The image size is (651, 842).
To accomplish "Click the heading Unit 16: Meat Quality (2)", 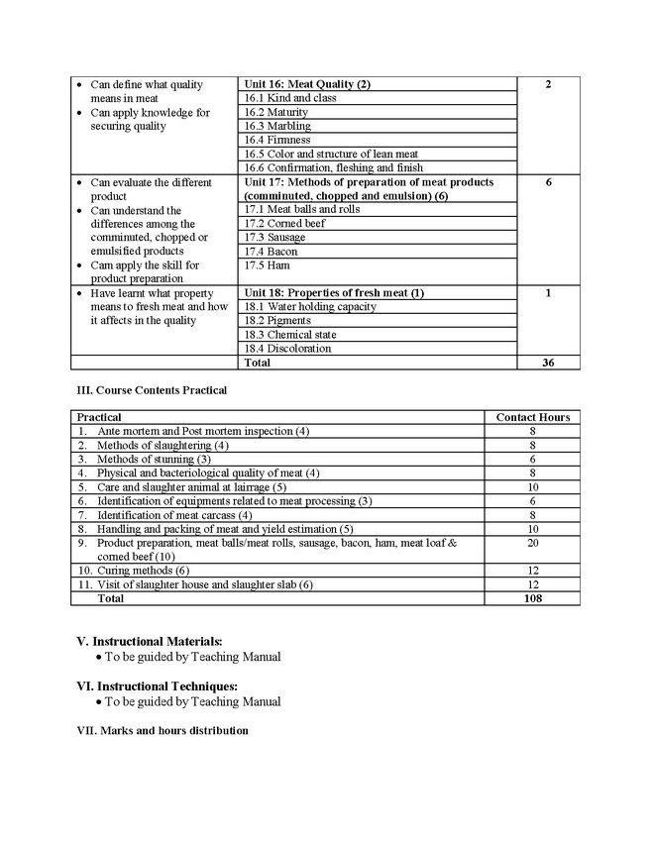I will (307, 84).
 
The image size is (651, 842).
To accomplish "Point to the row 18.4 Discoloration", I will (287, 348).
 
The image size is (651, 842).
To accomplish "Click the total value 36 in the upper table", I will (548, 363).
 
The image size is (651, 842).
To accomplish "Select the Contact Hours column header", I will (532, 417).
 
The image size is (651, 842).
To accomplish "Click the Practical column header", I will (99, 417).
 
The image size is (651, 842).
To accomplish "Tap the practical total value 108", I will (532, 598).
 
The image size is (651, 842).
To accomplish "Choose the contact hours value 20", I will (532, 543).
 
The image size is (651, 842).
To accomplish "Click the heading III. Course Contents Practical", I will (152, 390).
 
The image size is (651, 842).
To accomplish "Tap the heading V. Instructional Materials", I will (150, 641).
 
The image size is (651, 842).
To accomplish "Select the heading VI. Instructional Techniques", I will (158, 685).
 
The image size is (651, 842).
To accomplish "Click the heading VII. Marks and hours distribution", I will (163, 731).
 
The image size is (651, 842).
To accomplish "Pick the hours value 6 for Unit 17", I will (548, 182).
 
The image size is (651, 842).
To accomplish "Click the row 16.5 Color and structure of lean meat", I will (330, 154).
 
